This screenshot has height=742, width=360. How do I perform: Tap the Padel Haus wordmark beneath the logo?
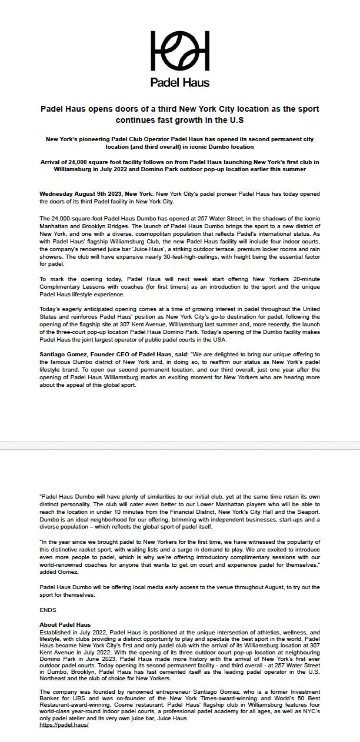click(180, 82)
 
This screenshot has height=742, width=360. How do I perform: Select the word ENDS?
click(48, 610)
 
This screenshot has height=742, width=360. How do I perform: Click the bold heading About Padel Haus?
click(65, 624)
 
